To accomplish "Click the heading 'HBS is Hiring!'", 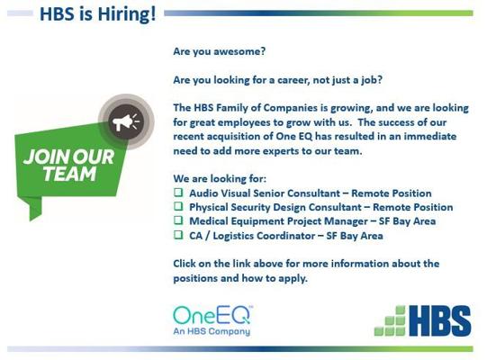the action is (98, 14).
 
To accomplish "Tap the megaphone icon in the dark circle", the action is (125, 121).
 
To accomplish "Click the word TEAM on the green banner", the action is (70, 174).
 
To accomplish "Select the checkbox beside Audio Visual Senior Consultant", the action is (178, 193).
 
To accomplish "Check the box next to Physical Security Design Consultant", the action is (178, 206).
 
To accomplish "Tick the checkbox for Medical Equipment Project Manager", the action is (178, 220).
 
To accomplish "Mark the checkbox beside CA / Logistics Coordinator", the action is (178, 235).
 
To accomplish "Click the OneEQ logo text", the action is (212, 315).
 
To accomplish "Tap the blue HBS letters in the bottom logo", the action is (439, 321).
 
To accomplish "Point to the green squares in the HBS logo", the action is (390, 321).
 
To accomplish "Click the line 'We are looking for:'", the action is (220, 179).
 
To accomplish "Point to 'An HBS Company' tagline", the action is (212, 332).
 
